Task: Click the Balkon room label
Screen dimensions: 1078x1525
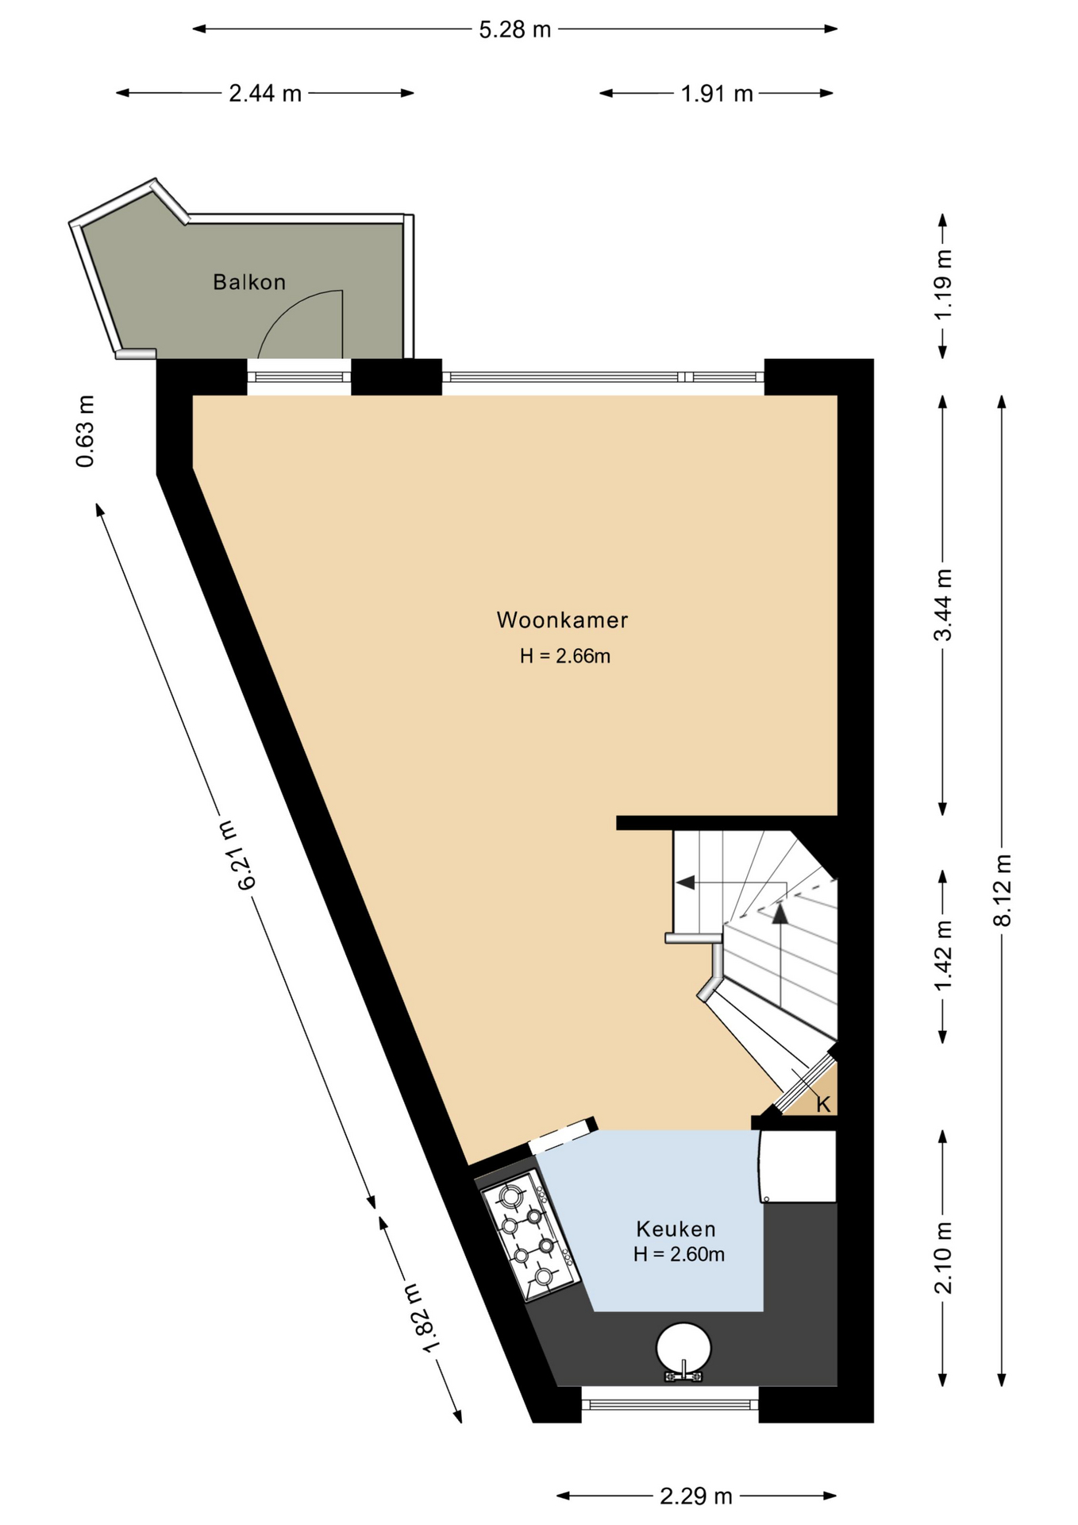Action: [x=249, y=282]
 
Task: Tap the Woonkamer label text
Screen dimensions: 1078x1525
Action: [x=562, y=620]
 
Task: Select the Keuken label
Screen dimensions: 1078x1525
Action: [x=676, y=1229]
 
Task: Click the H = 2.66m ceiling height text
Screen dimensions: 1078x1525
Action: [x=565, y=655]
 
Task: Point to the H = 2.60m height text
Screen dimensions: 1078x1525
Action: [x=679, y=1254]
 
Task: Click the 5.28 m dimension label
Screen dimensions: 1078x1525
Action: [x=514, y=29]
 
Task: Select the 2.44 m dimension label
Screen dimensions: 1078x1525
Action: [x=265, y=93]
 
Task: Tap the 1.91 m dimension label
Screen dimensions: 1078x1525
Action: [x=717, y=93]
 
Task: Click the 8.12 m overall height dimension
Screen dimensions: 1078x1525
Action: [x=1003, y=890]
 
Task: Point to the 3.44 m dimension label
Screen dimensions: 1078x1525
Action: [x=942, y=604]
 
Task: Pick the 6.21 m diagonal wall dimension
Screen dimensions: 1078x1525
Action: [x=237, y=855]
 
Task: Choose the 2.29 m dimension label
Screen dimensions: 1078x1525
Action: [x=696, y=1496]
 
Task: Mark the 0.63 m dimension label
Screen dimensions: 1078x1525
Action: [x=85, y=430]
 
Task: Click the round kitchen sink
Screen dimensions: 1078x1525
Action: [x=683, y=1349]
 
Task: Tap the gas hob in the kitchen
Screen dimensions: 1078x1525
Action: [x=528, y=1237]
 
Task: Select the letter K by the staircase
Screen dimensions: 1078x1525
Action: [x=823, y=1104]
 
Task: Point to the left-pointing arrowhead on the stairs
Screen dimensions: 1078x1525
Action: [x=685, y=882]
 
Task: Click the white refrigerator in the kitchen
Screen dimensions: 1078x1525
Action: [x=797, y=1166]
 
